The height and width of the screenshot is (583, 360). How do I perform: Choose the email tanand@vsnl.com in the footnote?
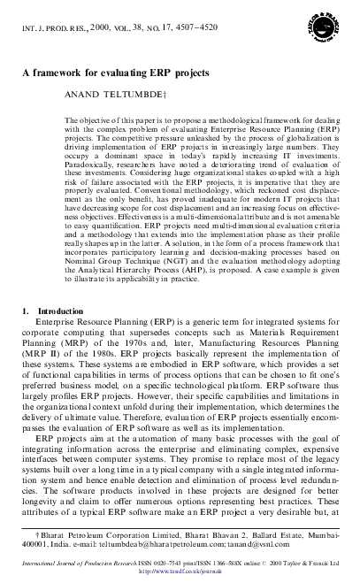(x=263, y=546)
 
